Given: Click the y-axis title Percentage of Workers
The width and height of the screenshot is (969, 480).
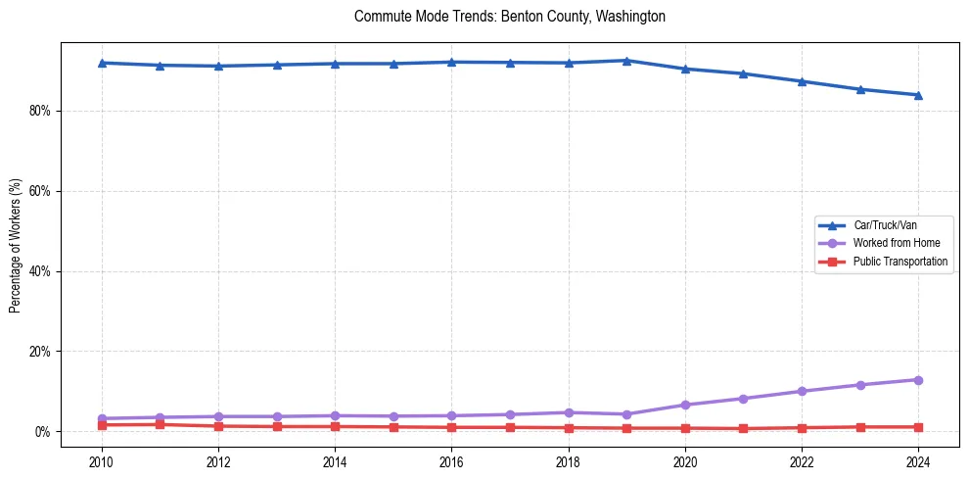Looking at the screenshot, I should (15, 245).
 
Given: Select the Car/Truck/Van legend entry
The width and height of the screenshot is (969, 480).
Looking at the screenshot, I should (885, 225).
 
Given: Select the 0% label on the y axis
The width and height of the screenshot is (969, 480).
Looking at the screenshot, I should (41, 431).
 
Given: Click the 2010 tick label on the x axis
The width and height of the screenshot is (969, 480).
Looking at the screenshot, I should (101, 461).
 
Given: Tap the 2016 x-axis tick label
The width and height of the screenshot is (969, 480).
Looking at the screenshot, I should (451, 461).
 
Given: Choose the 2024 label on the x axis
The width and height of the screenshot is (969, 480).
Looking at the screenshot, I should (918, 461).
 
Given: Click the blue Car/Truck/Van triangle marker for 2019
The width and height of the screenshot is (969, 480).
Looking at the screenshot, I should (626, 61).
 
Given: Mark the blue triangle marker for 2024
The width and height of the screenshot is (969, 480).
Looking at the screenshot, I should (918, 95).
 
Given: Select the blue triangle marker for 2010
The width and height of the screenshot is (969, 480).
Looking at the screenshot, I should (101, 63).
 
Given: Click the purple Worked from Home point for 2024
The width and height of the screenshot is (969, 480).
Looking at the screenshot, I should (918, 380).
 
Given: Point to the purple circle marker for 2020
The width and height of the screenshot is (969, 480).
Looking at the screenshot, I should (685, 405).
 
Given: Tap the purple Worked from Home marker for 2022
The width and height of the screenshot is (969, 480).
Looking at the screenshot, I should (802, 391).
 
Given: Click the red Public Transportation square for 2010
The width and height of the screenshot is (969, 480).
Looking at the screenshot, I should (101, 425).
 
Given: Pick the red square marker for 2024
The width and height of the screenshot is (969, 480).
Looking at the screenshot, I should (918, 427).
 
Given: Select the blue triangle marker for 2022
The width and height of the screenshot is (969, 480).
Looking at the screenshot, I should (802, 81).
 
